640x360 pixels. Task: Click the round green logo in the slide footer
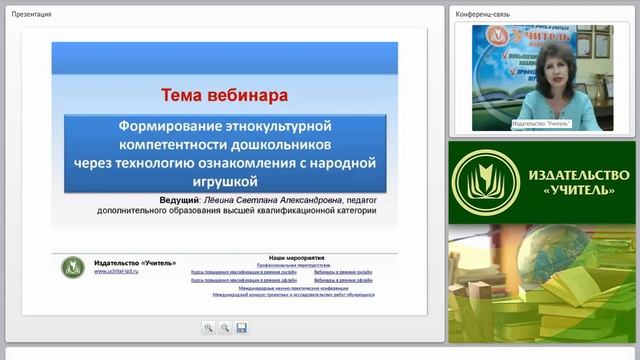pos(74,267)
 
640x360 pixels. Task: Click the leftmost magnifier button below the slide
pos(208,327)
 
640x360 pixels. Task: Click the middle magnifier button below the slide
pos(225,327)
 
